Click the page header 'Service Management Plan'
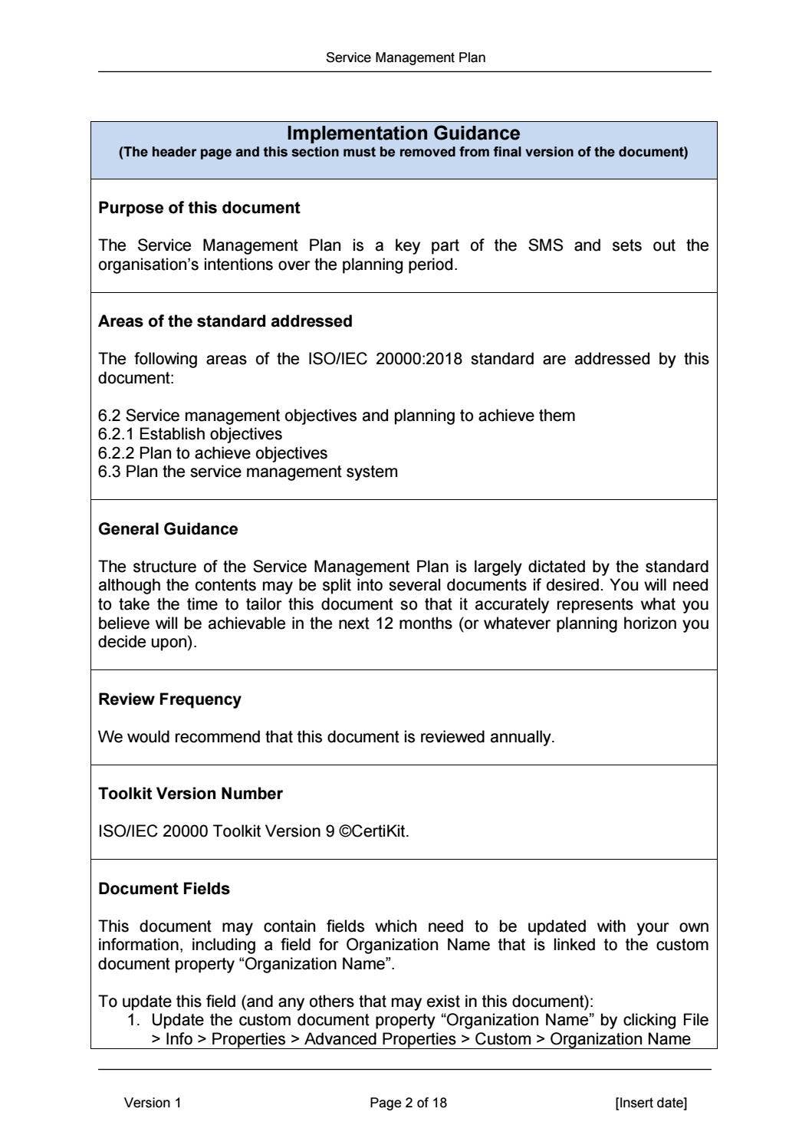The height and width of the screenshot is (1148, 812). click(x=405, y=58)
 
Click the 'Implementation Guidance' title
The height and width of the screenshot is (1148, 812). click(x=403, y=133)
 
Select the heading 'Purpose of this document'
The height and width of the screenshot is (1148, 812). click(x=199, y=208)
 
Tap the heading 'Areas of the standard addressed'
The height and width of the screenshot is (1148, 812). click(x=225, y=321)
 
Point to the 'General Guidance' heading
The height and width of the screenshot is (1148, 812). click(x=168, y=529)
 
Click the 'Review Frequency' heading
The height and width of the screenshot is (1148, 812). click(x=169, y=699)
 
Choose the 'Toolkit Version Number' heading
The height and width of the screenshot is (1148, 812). click(x=190, y=794)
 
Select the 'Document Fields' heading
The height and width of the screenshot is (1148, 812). click(x=164, y=889)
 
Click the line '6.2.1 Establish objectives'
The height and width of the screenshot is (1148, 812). click(x=189, y=434)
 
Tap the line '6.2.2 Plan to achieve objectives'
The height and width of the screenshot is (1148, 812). click(x=212, y=453)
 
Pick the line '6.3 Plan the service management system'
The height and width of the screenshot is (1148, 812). click(x=248, y=472)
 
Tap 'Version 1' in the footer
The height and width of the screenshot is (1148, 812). click(x=153, y=1103)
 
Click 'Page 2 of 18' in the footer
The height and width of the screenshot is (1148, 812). click(x=408, y=1103)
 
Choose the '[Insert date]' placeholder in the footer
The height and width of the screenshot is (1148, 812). click(x=651, y=1103)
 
